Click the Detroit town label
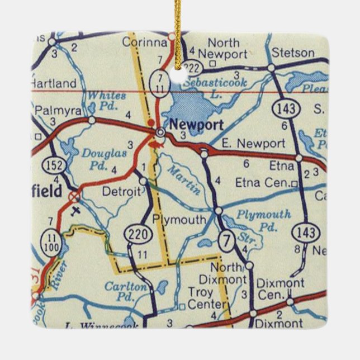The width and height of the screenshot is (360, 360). click(121, 192)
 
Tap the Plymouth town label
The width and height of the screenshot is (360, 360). click(179, 220)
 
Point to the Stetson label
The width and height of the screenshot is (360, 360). click(292, 53)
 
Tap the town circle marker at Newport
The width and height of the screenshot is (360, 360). click(161, 132)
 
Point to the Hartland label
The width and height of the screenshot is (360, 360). click(53, 83)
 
